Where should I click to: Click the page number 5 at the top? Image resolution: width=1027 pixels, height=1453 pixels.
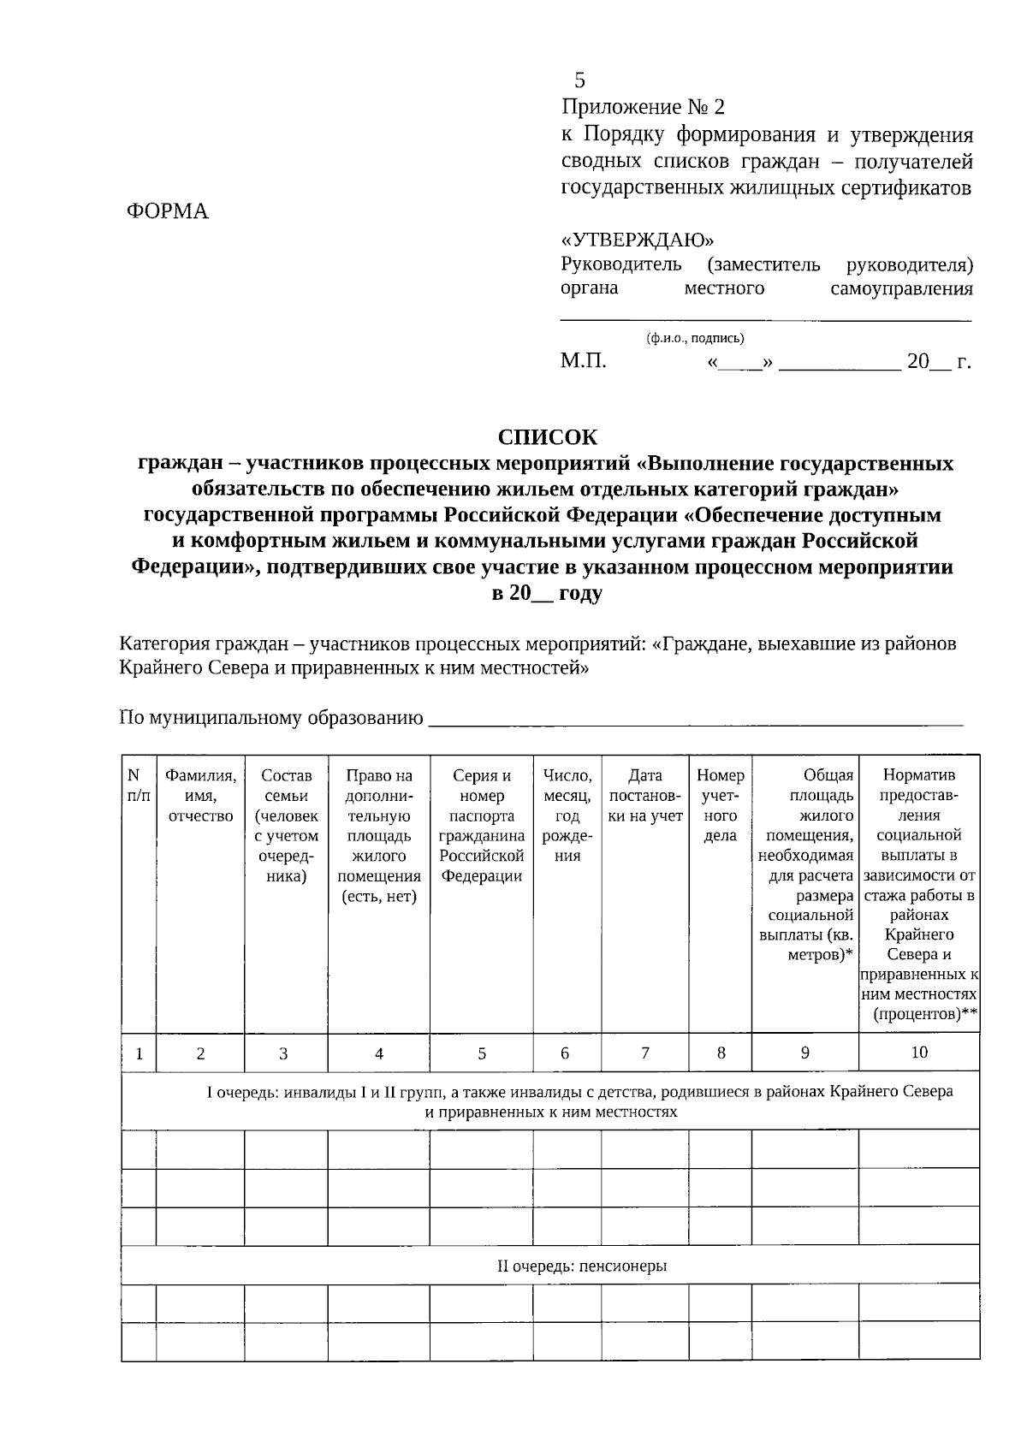[580, 81]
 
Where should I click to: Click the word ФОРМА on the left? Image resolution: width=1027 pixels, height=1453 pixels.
[168, 211]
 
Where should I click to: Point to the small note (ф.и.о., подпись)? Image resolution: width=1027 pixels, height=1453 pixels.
[695, 338]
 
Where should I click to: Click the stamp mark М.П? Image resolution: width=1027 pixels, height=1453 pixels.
[583, 361]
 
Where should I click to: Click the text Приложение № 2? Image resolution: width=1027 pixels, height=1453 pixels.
[642, 107]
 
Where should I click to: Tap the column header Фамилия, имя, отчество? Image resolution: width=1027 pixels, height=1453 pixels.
[200, 796]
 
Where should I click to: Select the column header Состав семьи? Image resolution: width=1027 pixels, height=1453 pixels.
[286, 826]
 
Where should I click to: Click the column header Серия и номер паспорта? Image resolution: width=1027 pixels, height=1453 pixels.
[481, 826]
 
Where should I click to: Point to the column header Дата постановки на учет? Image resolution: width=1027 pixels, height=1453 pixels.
[645, 796]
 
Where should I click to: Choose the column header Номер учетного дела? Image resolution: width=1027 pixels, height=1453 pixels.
[720, 805]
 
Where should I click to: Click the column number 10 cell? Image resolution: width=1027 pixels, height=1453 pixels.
[918, 1053]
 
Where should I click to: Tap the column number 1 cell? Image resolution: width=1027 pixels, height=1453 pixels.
[139, 1053]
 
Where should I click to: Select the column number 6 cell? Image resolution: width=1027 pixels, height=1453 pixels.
[565, 1053]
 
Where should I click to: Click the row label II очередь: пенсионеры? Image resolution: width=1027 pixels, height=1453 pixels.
[582, 1266]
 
